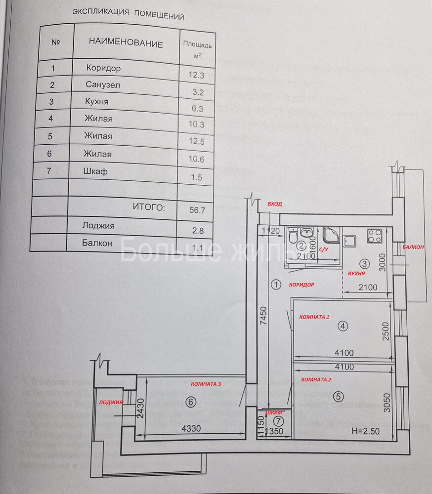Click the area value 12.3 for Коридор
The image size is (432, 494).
pyautogui.click(x=196, y=75)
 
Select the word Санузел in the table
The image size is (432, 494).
pyautogui.click(x=102, y=84)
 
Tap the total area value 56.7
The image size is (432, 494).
pyautogui.click(x=196, y=209)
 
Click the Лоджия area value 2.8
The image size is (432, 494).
pyautogui.click(x=197, y=230)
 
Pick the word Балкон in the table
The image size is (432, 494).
pyautogui.click(x=97, y=243)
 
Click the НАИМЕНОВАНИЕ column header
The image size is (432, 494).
pyautogui.click(x=126, y=43)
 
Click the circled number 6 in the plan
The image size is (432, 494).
pyautogui.click(x=191, y=402)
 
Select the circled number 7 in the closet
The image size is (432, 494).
pyautogui.click(x=278, y=421)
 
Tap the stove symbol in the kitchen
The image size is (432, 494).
pyautogui.click(x=374, y=237)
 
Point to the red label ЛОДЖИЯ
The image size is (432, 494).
pyautogui.click(x=111, y=402)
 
